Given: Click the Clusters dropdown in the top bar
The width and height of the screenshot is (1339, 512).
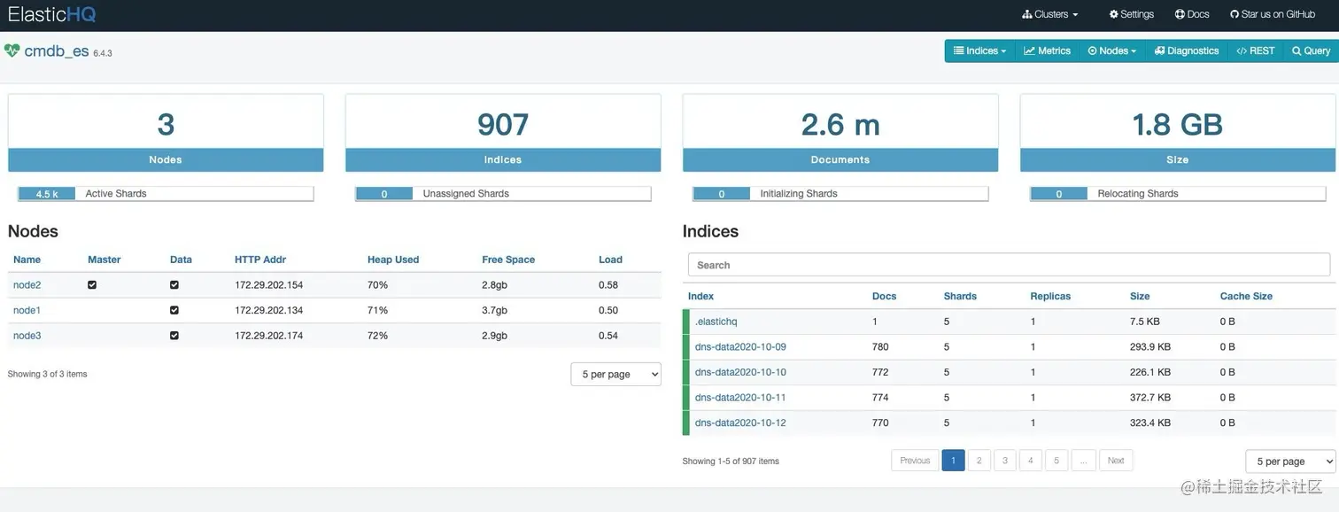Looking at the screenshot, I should click(1050, 14).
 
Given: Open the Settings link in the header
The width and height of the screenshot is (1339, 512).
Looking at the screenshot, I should click(1131, 14).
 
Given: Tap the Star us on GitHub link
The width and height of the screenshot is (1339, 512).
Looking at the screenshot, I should click(1272, 14).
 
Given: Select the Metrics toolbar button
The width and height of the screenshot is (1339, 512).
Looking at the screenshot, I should click(1048, 51).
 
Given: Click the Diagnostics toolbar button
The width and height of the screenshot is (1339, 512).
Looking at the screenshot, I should click(1187, 51).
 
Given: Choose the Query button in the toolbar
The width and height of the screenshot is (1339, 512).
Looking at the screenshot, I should click(1311, 51).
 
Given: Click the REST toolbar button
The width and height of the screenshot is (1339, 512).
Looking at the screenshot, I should click(1256, 51).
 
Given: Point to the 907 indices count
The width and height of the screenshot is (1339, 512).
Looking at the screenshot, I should click(503, 125).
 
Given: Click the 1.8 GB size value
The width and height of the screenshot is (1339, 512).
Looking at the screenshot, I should click(1177, 125).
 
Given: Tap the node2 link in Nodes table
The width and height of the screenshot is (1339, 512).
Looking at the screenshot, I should click(27, 285).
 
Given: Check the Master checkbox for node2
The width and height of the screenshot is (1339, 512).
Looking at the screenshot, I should click(92, 285).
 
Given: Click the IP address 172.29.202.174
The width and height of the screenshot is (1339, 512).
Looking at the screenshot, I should click(268, 336).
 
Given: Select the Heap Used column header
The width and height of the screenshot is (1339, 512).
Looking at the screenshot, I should click(393, 260).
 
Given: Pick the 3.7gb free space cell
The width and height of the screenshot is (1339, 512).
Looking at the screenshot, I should click(494, 310).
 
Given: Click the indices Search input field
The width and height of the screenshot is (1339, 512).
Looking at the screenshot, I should click(1009, 265).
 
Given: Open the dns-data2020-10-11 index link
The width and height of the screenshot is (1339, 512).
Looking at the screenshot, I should click(740, 398).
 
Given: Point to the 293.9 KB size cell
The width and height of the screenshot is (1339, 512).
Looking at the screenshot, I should click(1149, 347).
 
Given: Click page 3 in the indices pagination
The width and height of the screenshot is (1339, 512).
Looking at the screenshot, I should click(1004, 461).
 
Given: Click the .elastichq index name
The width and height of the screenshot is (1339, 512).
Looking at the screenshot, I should click(716, 322).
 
